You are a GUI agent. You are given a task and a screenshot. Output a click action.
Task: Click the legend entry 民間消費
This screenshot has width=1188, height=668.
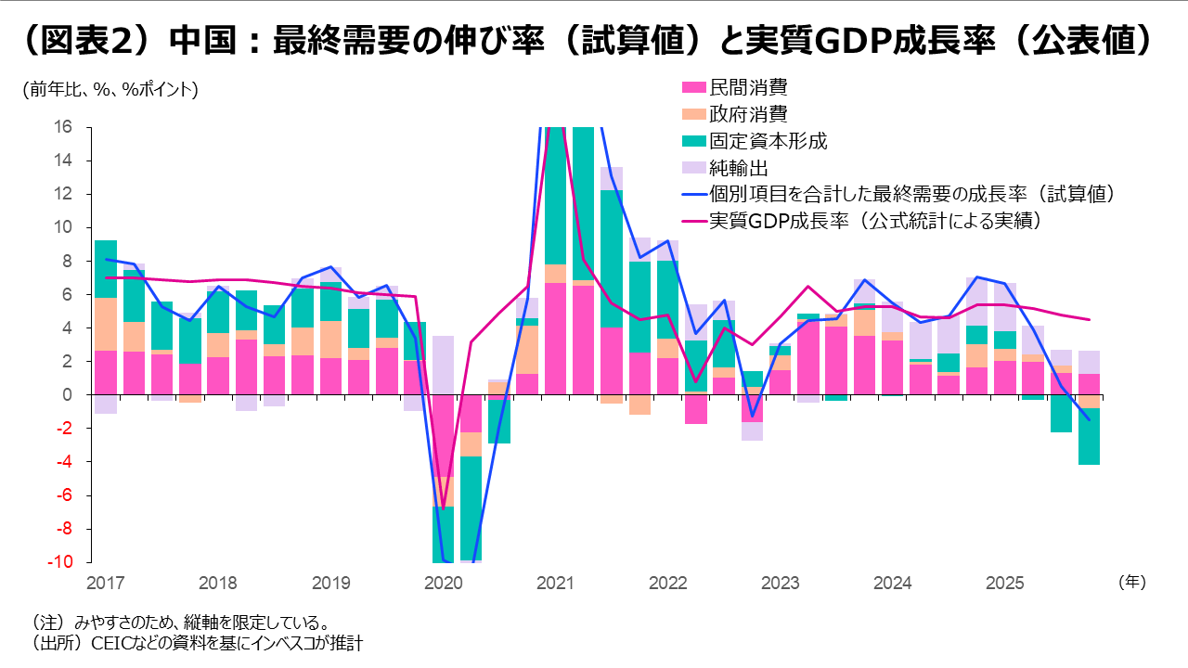[x=747, y=88]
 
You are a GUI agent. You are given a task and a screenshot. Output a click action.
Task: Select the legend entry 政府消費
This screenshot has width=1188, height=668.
[x=747, y=115]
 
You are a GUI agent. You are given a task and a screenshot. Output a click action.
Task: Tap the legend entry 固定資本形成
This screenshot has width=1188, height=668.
[x=767, y=142]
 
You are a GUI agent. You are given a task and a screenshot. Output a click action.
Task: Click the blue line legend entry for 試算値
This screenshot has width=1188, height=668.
[x=910, y=195]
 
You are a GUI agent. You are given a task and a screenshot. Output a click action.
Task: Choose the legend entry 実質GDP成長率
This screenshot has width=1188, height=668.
[x=872, y=222]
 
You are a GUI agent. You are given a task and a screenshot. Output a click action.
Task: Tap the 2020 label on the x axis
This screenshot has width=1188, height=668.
[x=443, y=584]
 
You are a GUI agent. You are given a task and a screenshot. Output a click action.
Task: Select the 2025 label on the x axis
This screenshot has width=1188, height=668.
[x=1003, y=584]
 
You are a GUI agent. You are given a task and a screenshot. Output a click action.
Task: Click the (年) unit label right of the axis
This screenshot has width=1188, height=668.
[x=1131, y=583]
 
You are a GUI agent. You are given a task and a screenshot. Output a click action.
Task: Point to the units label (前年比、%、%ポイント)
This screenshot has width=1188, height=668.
[x=110, y=90]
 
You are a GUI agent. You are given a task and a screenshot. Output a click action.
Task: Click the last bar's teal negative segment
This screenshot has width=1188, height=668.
[x=1090, y=436]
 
